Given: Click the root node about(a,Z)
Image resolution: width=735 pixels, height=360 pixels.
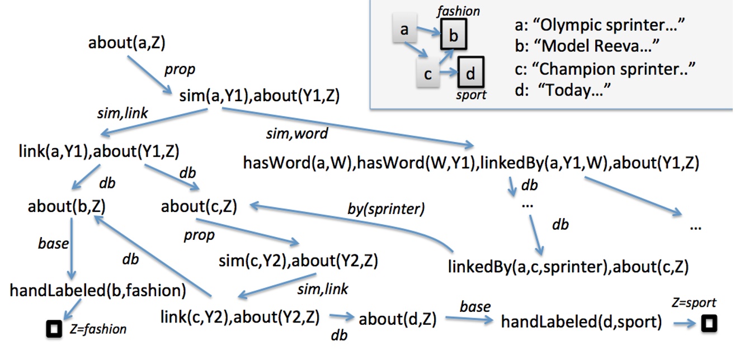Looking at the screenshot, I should coord(126,43).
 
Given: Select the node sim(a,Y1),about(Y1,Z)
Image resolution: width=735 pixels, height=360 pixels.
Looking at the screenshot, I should coord(260,96).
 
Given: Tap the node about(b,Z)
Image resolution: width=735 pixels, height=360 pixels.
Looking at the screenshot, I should coord(67,207).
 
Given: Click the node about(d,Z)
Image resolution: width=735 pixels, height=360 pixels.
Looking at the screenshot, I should coord(397,319).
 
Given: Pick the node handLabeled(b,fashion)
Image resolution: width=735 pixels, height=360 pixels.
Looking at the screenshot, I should coord(98,291).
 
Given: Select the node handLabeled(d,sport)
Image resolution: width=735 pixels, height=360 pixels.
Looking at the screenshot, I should coord(581,321).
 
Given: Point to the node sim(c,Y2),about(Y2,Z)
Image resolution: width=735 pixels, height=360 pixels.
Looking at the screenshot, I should coord(298,260).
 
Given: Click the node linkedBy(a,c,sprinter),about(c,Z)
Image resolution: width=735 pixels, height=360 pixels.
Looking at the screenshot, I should coord(568,267).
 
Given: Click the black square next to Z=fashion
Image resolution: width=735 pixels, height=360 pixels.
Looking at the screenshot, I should coord(54,330).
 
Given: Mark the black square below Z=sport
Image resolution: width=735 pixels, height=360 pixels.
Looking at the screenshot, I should coord(709,323).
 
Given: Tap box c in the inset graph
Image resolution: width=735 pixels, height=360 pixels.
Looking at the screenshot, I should coord(428,74).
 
